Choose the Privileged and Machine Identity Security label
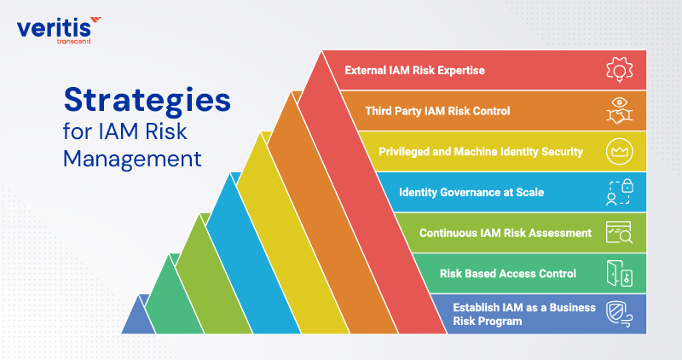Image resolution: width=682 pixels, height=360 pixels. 480,152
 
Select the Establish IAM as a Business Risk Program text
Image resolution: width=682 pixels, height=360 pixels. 523,314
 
